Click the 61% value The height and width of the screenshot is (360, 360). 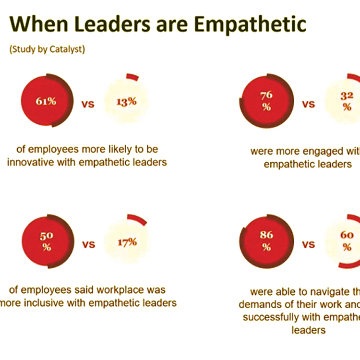47,102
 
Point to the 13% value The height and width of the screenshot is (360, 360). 127,102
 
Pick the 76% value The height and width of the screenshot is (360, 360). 266,101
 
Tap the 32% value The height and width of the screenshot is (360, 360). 347,101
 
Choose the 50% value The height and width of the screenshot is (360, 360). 47,242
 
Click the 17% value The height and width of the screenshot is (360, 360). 127,242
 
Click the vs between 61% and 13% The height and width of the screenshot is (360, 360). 88,104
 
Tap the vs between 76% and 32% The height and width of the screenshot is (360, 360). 308,104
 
